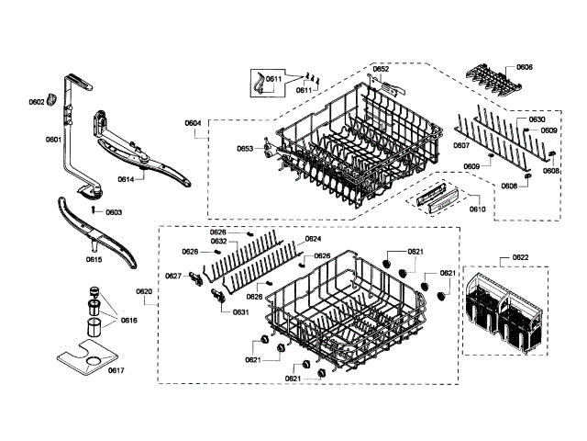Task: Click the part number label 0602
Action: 37,102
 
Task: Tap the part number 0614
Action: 126,179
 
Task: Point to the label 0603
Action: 113,212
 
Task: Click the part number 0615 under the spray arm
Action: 94,260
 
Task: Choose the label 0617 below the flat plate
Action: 116,370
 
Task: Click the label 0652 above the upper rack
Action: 381,69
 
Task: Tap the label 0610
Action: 477,209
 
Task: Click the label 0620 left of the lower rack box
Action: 144,291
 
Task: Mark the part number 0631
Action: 240,312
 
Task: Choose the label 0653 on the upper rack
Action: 244,148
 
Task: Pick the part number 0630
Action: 537,119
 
